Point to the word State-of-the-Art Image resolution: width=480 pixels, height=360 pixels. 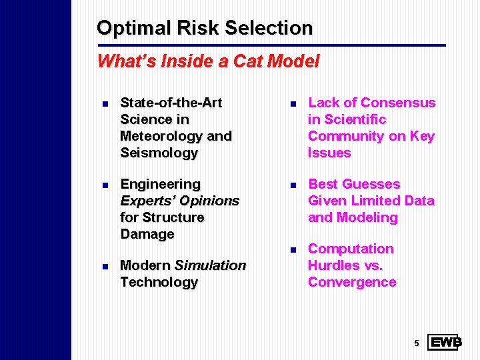pos(171,103)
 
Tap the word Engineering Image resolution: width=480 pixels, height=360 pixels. pos(160,184)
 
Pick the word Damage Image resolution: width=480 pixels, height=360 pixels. pos(147,234)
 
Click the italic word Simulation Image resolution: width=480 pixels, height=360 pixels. pos(210,265)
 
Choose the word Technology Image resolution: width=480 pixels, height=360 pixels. pos(159,282)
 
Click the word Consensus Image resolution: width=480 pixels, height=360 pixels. pos(398,103)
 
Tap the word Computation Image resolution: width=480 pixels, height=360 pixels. pos(351,249)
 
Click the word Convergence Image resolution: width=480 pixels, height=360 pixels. pos(352,282)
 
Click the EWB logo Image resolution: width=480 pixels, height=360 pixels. pos(443,343)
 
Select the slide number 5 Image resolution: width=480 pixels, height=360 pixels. pos(416,343)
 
